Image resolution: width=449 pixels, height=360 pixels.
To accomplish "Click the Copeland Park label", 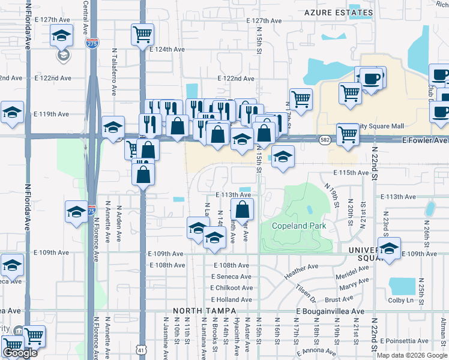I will pyautogui.click(x=298, y=226).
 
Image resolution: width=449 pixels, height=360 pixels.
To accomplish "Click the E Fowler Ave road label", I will pyautogui.click(x=424, y=140).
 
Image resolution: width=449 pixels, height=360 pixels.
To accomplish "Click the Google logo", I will pyautogui.click(x=20, y=353).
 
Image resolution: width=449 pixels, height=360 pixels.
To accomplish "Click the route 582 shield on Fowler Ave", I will pyautogui.click(x=323, y=140).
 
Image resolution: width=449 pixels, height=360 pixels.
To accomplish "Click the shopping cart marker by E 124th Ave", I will pyautogui.click(x=142, y=35).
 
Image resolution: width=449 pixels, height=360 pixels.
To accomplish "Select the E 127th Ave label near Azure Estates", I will pyautogui.click(x=264, y=20).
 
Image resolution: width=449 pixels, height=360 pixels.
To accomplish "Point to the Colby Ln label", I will pyautogui.click(x=402, y=300).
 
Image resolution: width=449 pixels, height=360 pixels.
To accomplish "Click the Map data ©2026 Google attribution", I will pyautogui.click(x=412, y=355).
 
